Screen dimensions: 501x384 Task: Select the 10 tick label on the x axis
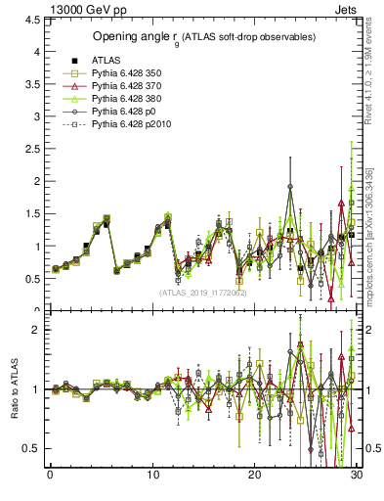click(x=152, y=476)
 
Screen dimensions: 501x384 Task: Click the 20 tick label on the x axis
click(x=255, y=476)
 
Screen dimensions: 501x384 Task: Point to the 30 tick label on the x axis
click(x=357, y=476)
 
